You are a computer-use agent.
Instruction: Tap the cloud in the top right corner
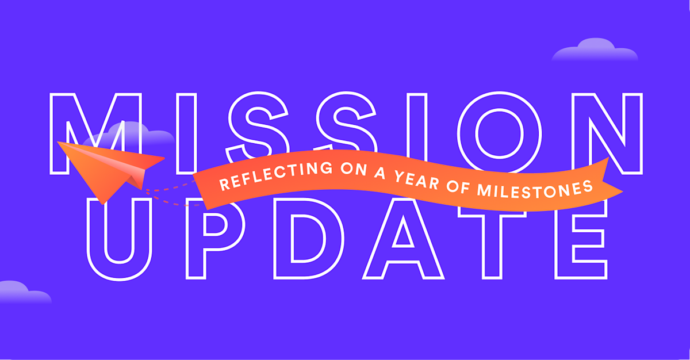[595, 51]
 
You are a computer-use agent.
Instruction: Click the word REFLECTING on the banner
[275, 175]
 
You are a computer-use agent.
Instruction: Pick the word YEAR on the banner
[417, 179]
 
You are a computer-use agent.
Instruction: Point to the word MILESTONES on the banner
[534, 189]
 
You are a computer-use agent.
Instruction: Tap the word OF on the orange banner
[458, 186]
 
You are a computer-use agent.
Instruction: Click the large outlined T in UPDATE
[492, 246]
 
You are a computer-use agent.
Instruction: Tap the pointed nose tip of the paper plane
[58, 142]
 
